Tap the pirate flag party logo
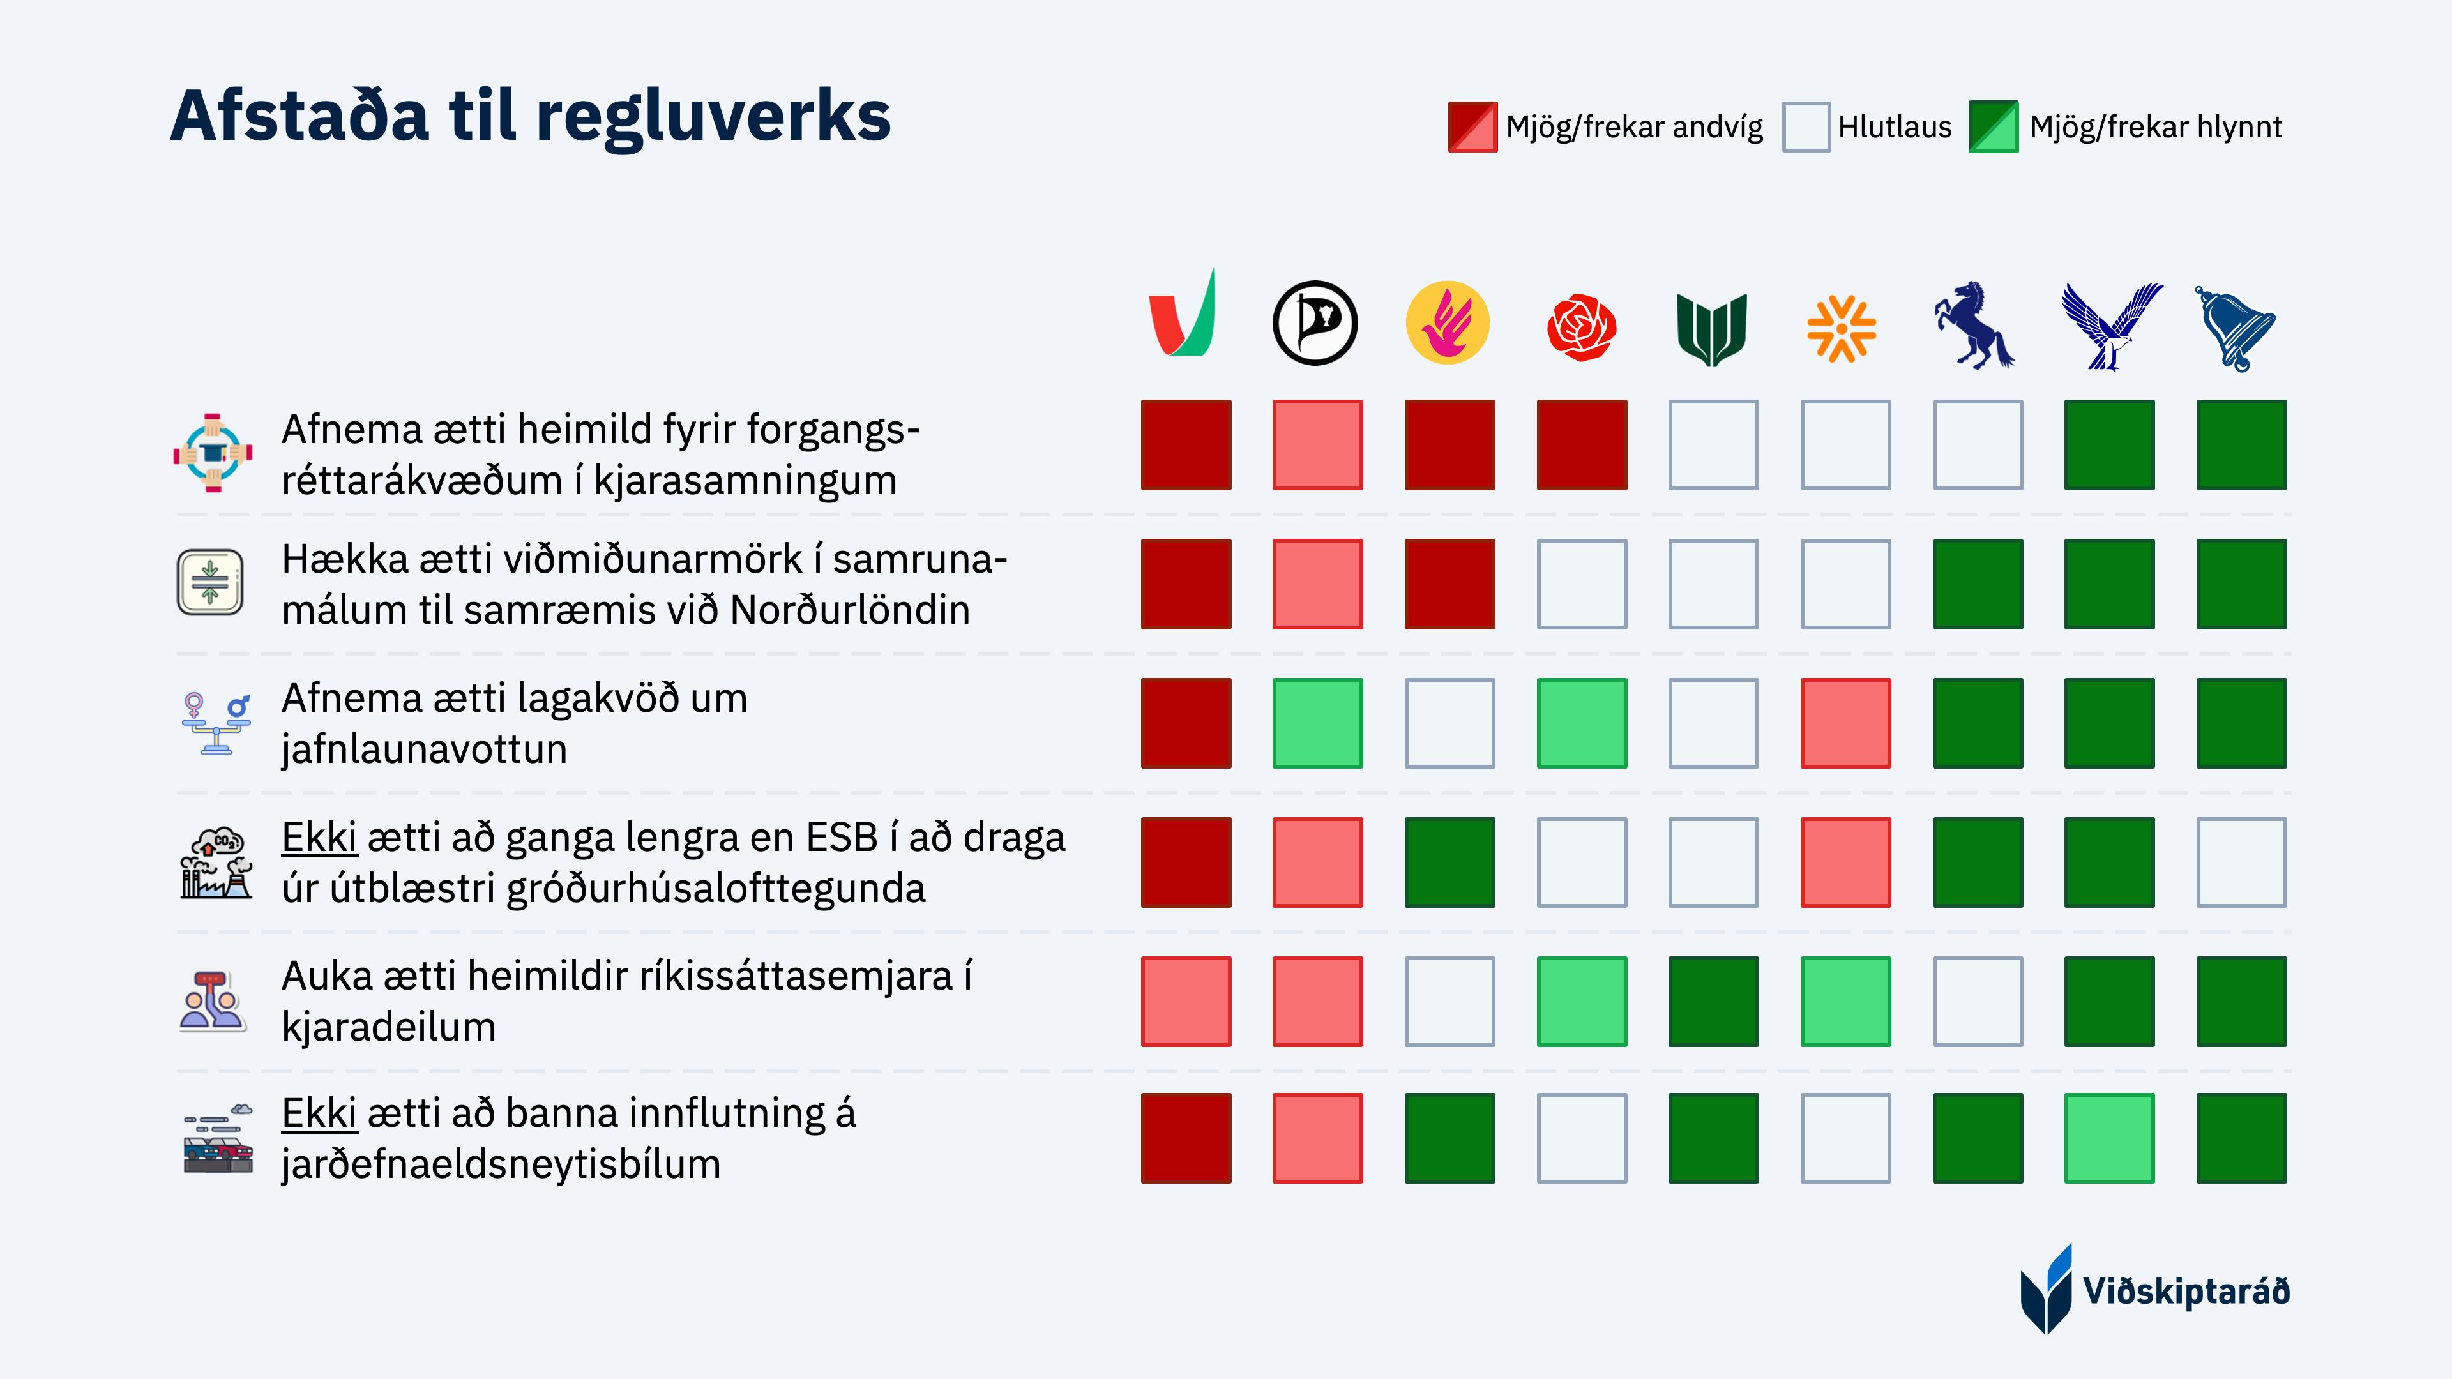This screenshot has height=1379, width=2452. click(x=1315, y=322)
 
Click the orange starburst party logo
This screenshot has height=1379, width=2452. click(x=1841, y=328)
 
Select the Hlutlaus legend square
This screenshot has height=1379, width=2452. click(x=1806, y=126)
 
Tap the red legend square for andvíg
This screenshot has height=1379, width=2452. click(x=1472, y=126)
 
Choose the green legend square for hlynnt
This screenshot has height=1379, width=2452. click(x=1993, y=126)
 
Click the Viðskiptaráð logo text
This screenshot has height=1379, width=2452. click(x=2186, y=1292)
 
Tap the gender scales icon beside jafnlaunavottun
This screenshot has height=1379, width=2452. click(x=216, y=723)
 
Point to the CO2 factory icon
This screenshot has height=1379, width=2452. click(x=216, y=863)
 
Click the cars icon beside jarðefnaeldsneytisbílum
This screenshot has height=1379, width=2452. click(x=218, y=1138)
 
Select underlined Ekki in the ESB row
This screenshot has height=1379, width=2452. click(x=319, y=838)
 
